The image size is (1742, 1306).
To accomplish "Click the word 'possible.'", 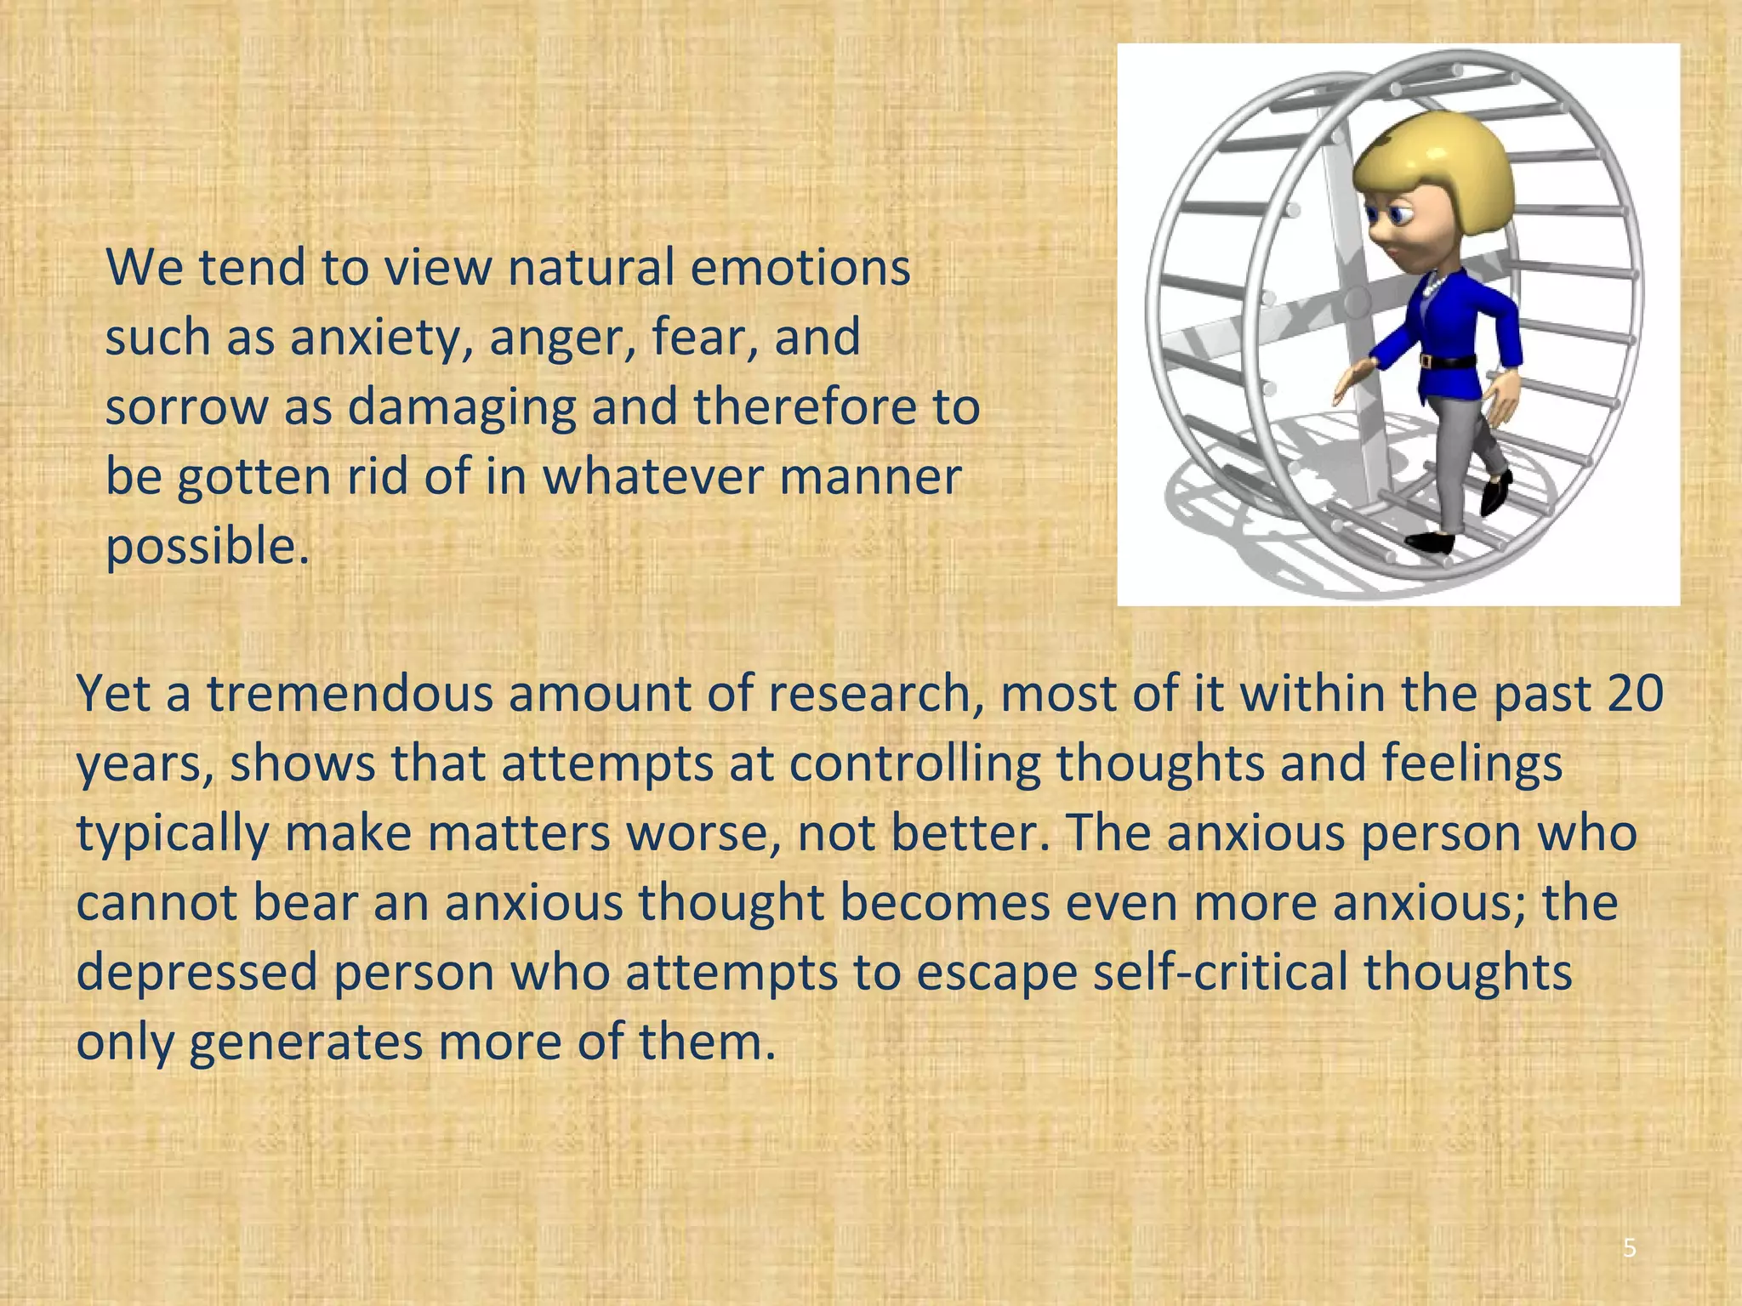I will [207, 546].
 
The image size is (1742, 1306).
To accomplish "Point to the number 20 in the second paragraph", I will [1636, 694].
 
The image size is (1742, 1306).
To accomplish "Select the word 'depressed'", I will [196, 972].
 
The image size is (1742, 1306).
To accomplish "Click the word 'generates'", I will [305, 1042].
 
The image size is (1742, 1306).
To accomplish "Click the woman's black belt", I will [1447, 361].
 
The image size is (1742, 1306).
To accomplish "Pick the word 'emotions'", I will [800, 268].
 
